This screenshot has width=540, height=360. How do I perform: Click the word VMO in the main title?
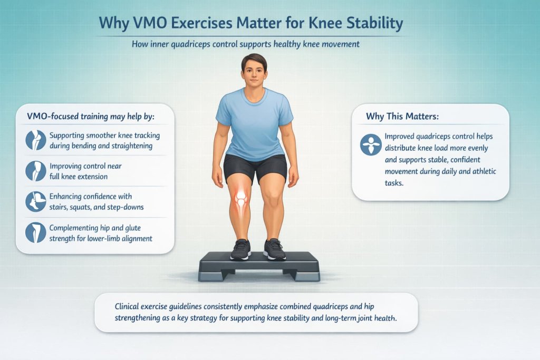coord(149,23)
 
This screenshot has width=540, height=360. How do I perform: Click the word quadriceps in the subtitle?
coord(190,44)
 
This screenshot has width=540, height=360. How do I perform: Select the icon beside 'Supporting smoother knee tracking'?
coord(36,140)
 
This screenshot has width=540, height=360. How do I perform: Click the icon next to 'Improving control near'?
coord(36,171)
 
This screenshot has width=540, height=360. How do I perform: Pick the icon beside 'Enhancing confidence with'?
coord(36,202)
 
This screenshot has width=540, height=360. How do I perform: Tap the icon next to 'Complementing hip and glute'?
coord(36,232)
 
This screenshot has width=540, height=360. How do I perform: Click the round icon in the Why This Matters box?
coord(371,144)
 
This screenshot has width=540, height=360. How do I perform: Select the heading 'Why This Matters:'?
coord(402,116)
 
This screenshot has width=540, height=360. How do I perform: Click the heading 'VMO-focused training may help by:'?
coord(91,116)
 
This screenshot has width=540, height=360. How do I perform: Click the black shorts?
coord(255,169)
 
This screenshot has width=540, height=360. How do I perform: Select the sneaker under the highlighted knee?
coord(240,249)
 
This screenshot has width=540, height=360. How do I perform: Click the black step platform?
coord(259,266)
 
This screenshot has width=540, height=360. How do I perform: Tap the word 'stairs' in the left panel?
coord(58,207)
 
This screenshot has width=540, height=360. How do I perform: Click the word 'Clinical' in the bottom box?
coord(127,306)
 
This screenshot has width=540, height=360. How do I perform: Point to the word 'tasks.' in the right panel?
coord(394,183)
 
